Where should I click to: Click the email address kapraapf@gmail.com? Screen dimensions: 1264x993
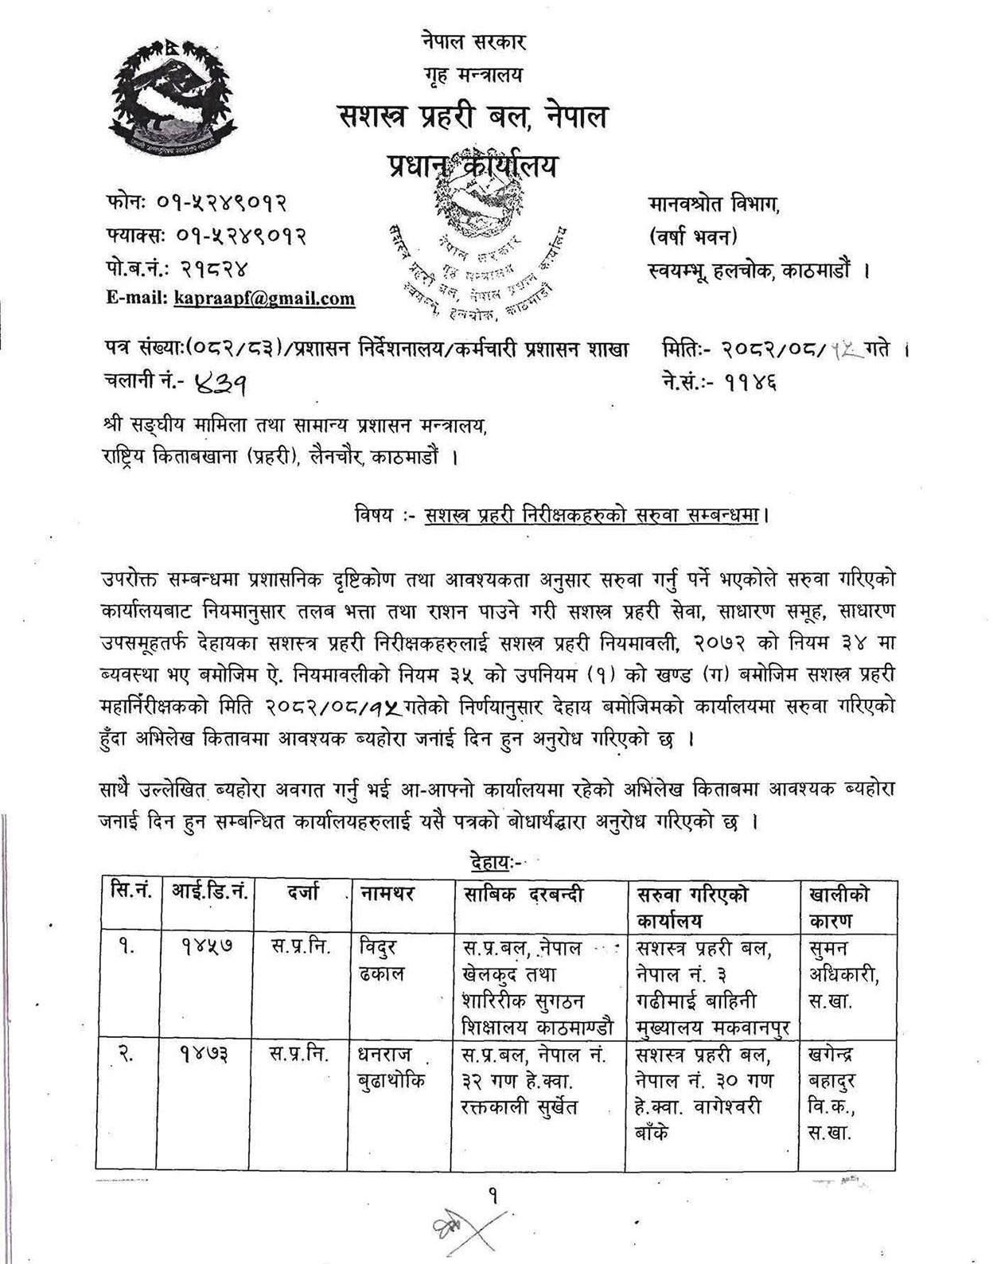pos(264,299)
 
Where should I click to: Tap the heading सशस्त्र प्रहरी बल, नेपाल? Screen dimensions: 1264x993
pos(471,117)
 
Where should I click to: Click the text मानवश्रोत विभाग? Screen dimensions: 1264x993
pos(714,204)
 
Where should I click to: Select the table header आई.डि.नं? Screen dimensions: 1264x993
pos(210,894)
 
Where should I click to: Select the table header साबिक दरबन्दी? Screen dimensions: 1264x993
pos(524,894)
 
